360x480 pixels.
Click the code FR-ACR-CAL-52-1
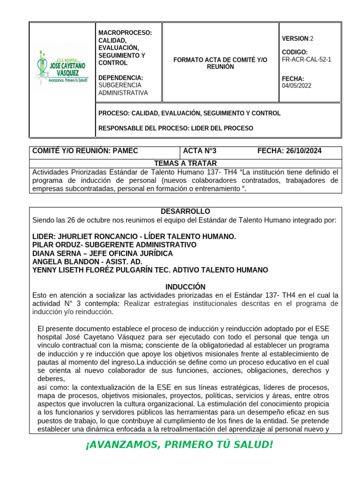click(x=307, y=60)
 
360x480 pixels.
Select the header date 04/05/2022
click(x=296, y=86)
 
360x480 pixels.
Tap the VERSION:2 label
click(x=298, y=38)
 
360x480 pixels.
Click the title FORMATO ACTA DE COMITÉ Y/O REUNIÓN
click(x=220, y=63)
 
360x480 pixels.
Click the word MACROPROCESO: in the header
click(x=125, y=33)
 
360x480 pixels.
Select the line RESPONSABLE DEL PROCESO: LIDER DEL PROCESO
click(x=176, y=128)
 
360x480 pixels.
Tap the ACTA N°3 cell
click(x=200, y=150)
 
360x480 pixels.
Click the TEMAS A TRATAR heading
click(x=186, y=163)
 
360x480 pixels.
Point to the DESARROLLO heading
click(x=186, y=211)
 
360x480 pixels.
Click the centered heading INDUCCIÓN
click(x=186, y=287)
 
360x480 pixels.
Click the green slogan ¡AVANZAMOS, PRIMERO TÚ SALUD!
click(x=179, y=444)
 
